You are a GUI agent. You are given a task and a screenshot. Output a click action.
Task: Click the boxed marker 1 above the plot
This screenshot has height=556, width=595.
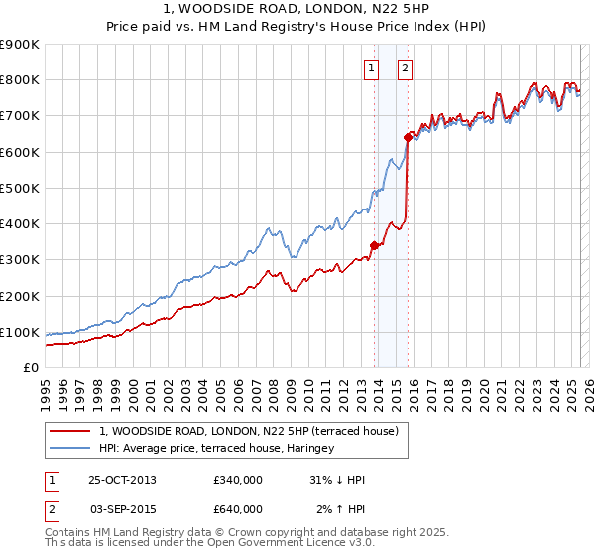point(371,69)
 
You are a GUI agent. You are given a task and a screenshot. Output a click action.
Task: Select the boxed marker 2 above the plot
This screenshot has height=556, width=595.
point(406,69)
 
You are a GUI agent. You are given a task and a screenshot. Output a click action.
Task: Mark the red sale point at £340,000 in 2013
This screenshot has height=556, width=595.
point(375,245)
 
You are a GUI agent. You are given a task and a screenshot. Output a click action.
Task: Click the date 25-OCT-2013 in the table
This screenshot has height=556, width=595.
point(122,480)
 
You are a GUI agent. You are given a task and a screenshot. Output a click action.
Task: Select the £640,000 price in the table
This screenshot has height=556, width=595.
point(237,509)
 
